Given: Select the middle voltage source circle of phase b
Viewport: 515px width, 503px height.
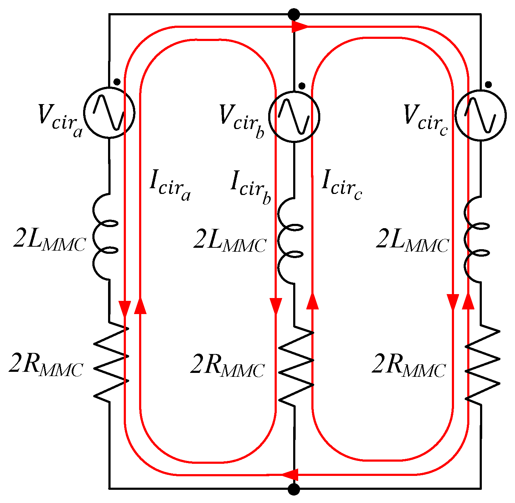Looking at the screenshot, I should point(294,117).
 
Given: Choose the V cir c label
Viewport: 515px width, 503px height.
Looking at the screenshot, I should point(425,119).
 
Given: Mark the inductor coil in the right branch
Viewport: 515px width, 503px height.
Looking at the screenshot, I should point(476,240).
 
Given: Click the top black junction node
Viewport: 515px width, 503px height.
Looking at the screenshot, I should point(294,15).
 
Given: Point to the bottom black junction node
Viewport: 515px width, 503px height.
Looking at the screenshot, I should point(294,489).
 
